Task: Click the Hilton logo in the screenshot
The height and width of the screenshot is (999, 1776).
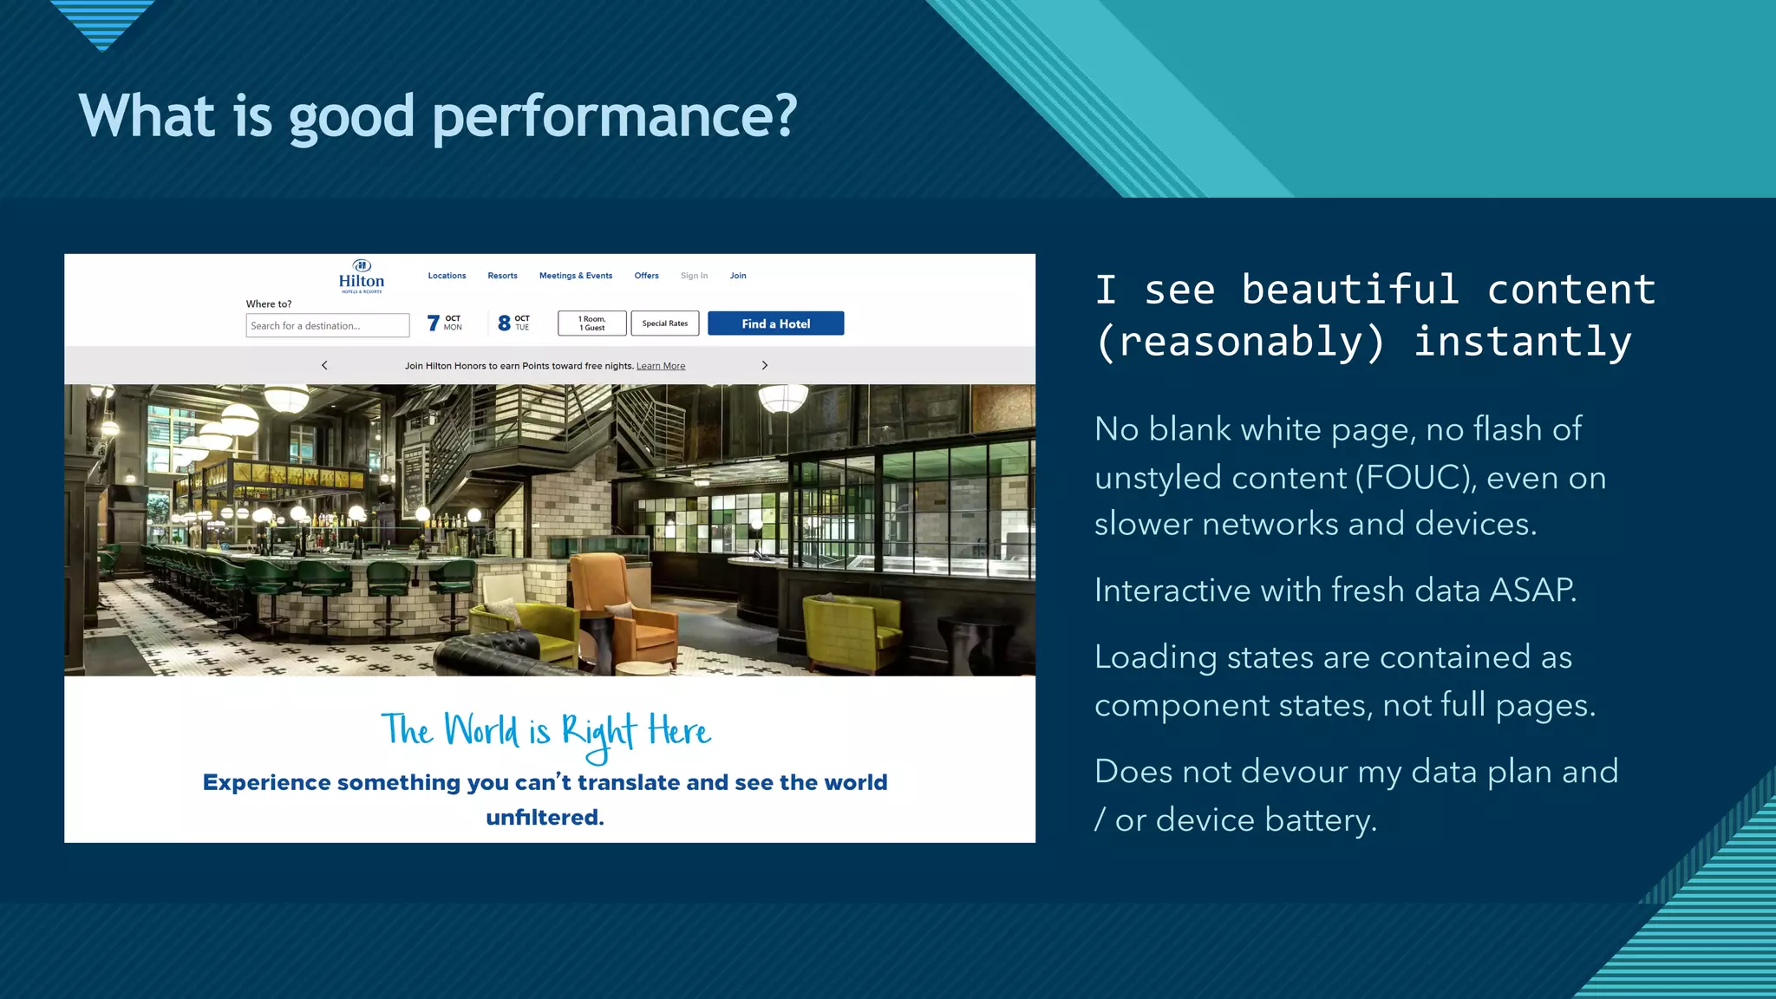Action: pos(362,277)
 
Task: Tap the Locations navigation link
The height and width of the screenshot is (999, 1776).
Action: pos(447,276)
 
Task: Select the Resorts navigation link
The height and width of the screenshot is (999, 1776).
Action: pos(502,276)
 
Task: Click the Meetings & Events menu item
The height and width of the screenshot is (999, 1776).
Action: pos(576,276)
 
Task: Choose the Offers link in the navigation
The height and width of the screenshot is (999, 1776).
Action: pos(646,276)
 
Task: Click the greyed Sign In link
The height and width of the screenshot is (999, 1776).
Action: pos(694,276)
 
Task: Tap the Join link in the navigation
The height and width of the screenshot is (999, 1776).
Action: pos(738,276)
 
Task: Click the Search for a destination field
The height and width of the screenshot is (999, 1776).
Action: pos(327,326)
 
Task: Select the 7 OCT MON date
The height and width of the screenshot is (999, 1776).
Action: pos(445,323)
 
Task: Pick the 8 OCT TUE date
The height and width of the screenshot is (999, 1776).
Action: pos(514,323)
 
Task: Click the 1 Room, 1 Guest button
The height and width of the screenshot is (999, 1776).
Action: pos(592,323)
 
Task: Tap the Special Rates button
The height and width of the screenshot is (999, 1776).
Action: pos(665,323)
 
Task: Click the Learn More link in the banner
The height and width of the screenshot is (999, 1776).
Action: pos(661,366)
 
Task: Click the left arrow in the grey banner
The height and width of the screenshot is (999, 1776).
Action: pos(325,365)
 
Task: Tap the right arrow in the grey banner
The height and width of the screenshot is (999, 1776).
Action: pos(764,365)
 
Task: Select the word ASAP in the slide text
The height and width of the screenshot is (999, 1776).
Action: pos(1532,591)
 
